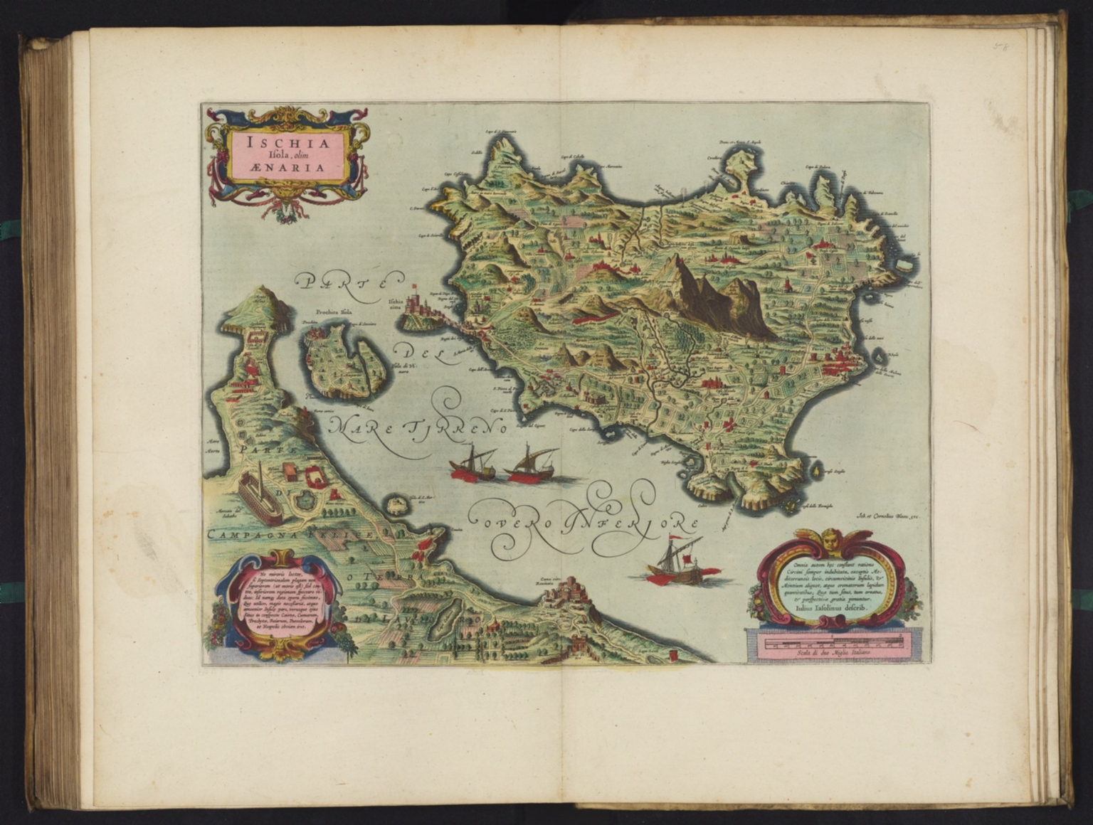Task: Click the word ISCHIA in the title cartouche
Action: click(287, 142)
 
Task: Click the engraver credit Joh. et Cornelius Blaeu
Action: click(885, 519)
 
